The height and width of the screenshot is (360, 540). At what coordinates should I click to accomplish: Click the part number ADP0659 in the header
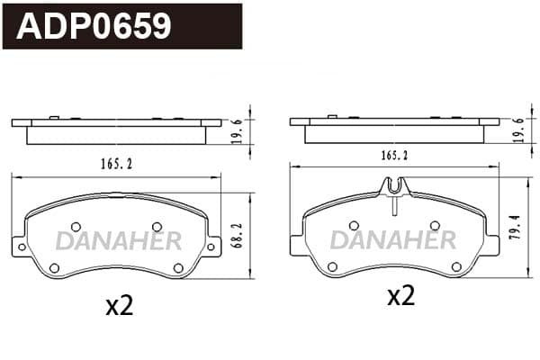[94, 26]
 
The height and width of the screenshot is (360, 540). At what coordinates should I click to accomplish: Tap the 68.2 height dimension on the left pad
[238, 236]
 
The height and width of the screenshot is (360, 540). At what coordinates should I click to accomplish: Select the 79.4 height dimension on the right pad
[516, 228]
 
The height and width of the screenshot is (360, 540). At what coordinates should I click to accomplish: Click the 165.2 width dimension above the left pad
[117, 165]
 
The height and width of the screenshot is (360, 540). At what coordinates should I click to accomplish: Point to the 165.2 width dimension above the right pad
[395, 156]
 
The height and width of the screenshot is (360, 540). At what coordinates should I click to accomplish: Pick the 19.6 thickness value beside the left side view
[238, 131]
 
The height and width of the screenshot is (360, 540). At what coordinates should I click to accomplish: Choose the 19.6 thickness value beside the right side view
[519, 130]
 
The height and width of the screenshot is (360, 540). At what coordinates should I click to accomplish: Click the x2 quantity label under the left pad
[120, 306]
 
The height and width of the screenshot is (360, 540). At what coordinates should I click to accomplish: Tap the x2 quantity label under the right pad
[401, 295]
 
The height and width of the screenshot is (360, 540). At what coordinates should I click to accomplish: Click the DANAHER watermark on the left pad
[119, 241]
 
